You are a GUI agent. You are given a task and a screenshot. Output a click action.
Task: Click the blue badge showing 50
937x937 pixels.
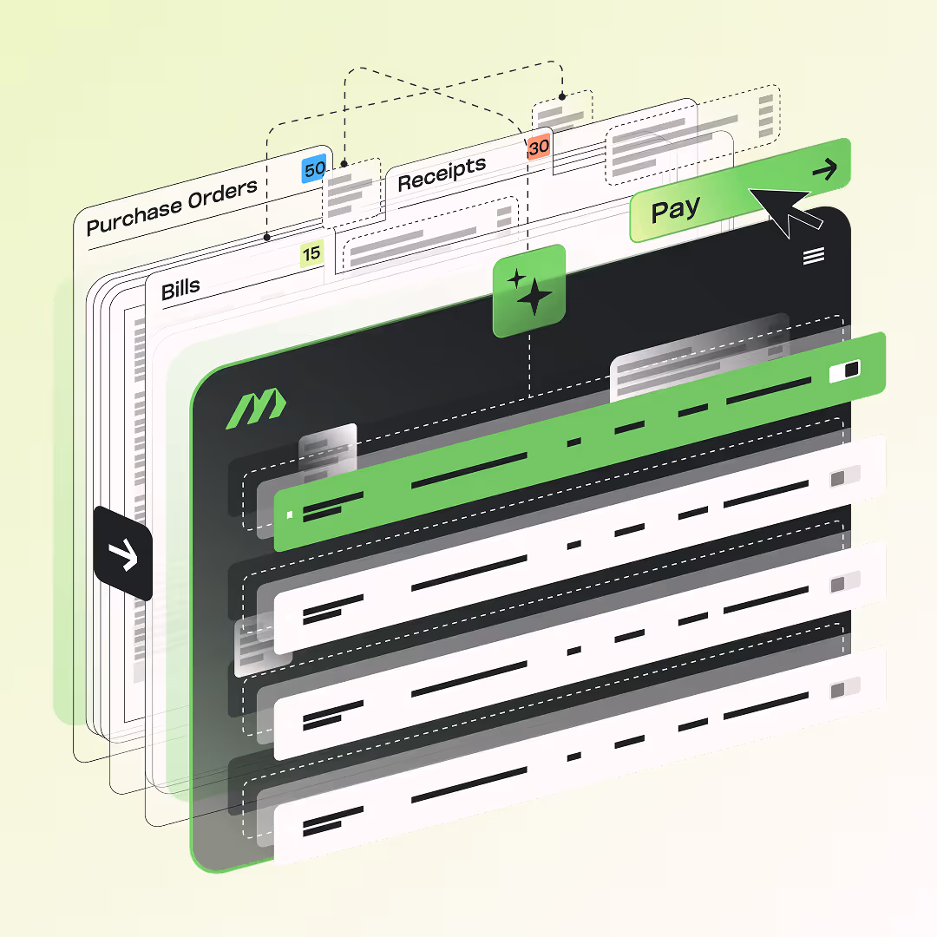pos(314,169)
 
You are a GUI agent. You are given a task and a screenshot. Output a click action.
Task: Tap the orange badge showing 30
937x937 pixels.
pos(539,147)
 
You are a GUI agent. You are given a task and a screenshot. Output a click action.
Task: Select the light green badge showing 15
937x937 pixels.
pos(311,253)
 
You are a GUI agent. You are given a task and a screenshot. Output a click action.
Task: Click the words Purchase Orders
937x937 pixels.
pos(172,206)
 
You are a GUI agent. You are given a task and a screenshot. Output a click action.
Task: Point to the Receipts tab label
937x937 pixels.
pos(442,174)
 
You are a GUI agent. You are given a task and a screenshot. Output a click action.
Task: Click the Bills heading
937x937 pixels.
pos(180,289)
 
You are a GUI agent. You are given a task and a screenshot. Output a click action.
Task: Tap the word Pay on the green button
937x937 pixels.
pos(675,210)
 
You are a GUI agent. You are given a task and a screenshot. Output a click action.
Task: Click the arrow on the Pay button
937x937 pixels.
pos(825,169)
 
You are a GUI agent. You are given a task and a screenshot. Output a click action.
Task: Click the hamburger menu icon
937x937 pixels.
pos(814,256)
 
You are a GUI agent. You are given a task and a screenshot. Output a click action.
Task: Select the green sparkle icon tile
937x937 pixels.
pos(529,291)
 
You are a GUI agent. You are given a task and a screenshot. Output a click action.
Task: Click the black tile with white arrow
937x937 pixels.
pos(123,554)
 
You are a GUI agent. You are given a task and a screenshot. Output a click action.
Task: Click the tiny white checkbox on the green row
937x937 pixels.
pos(290,514)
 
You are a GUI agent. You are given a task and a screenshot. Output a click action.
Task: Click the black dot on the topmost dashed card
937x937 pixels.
pos(562,96)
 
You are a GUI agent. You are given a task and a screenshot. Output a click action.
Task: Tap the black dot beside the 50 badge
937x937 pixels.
pos(344,163)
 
